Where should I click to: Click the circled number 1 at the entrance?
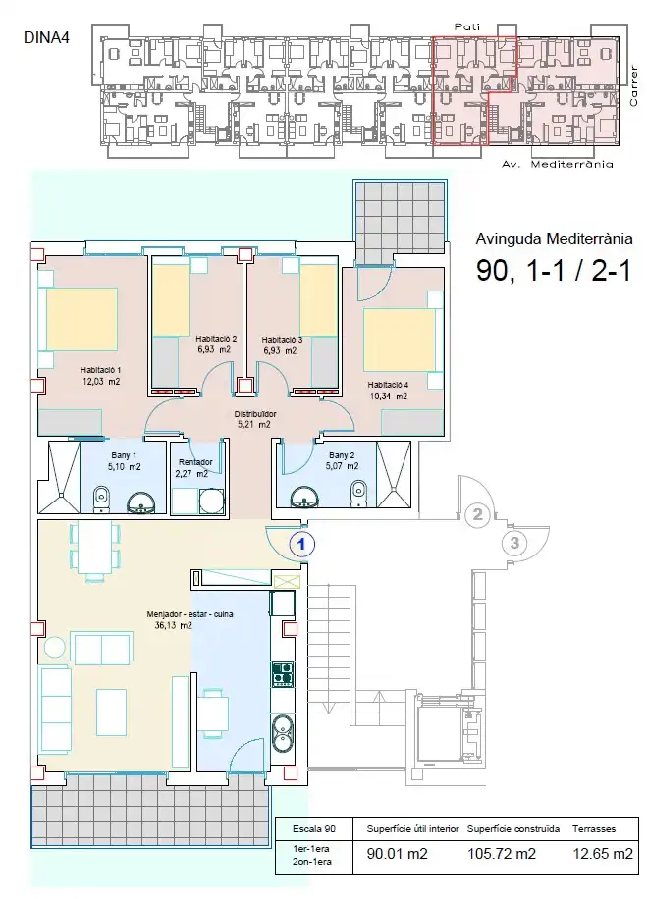pyautogui.click(x=301, y=544)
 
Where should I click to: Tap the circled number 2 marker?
pyautogui.click(x=477, y=515)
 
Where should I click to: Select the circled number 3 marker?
pyautogui.click(x=514, y=543)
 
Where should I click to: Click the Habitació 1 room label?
pyautogui.click(x=100, y=370)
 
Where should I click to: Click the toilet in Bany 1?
pyautogui.click(x=101, y=499)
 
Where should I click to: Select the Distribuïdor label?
pyautogui.click(x=255, y=414)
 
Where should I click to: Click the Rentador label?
pyautogui.click(x=195, y=462)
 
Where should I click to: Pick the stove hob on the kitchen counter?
pyautogui.click(x=282, y=674)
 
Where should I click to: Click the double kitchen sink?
pyautogui.click(x=282, y=733)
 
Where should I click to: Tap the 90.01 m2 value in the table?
pyautogui.click(x=397, y=854)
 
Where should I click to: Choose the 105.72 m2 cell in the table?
pyautogui.click(x=502, y=854)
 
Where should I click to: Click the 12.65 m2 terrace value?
pyautogui.click(x=603, y=854)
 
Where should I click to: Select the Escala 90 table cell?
pyautogui.click(x=314, y=828)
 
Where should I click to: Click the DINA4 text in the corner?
pyautogui.click(x=46, y=38)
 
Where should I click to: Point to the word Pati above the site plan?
pyautogui.click(x=467, y=26)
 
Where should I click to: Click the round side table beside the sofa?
pyautogui.click(x=55, y=647)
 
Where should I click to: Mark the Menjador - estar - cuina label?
pyautogui.click(x=189, y=614)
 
